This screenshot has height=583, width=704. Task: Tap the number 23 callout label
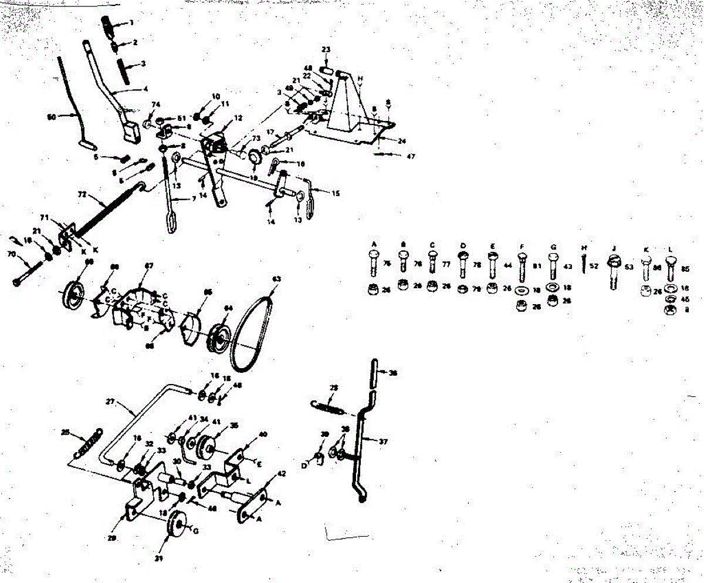click(326, 49)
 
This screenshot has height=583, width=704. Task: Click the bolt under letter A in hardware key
click(374, 264)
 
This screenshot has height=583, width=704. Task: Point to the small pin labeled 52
click(583, 266)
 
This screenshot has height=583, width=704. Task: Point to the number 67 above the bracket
click(149, 267)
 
